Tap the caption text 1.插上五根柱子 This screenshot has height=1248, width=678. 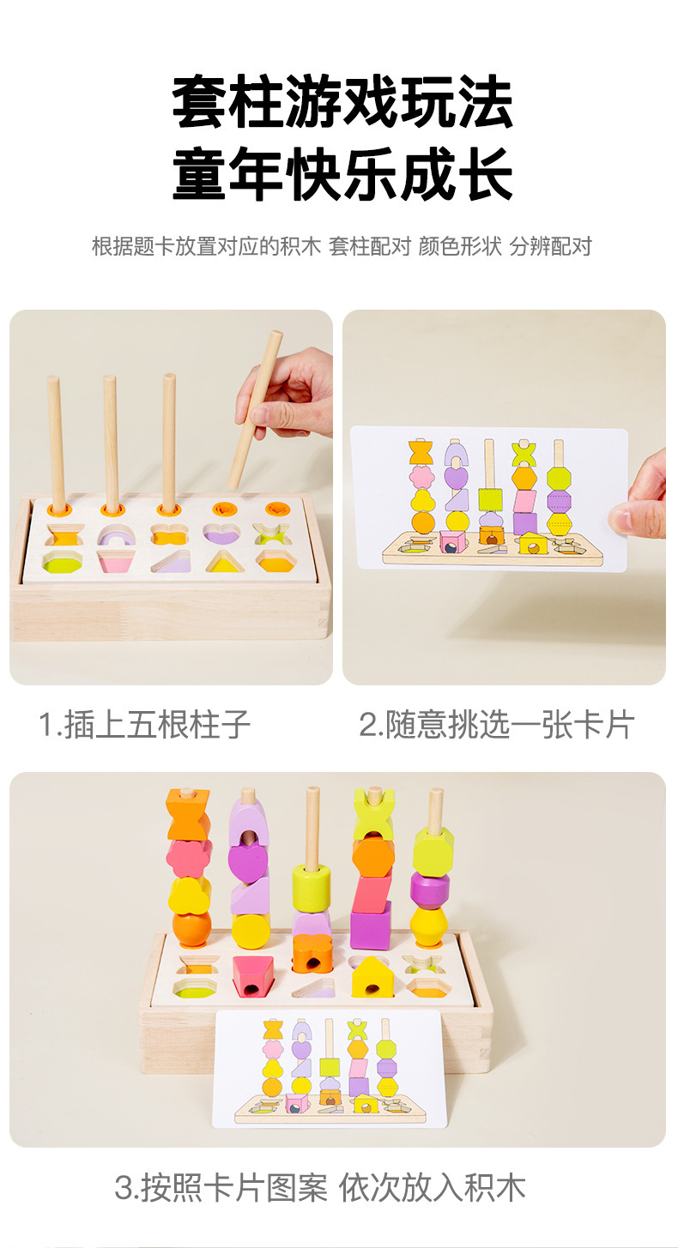pyautogui.click(x=144, y=724)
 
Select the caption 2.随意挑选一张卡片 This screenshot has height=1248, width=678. pyautogui.click(x=497, y=724)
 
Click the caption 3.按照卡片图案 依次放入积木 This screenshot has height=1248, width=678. pyautogui.click(x=320, y=1187)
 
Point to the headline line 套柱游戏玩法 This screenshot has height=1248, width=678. pyautogui.click(x=342, y=103)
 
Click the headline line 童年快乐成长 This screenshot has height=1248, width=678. pyautogui.click(x=342, y=173)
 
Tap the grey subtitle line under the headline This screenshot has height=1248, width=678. pyautogui.click(x=342, y=245)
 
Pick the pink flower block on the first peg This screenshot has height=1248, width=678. pyautogui.click(x=189, y=858)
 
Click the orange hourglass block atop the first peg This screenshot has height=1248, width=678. pyautogui.click(x=189, y=814)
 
